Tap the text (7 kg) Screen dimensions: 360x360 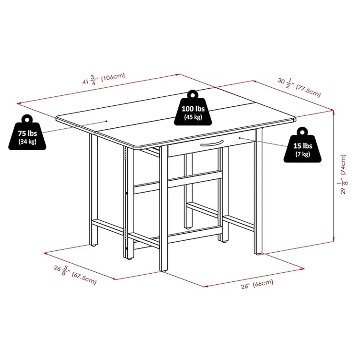click(x=302, y=154)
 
